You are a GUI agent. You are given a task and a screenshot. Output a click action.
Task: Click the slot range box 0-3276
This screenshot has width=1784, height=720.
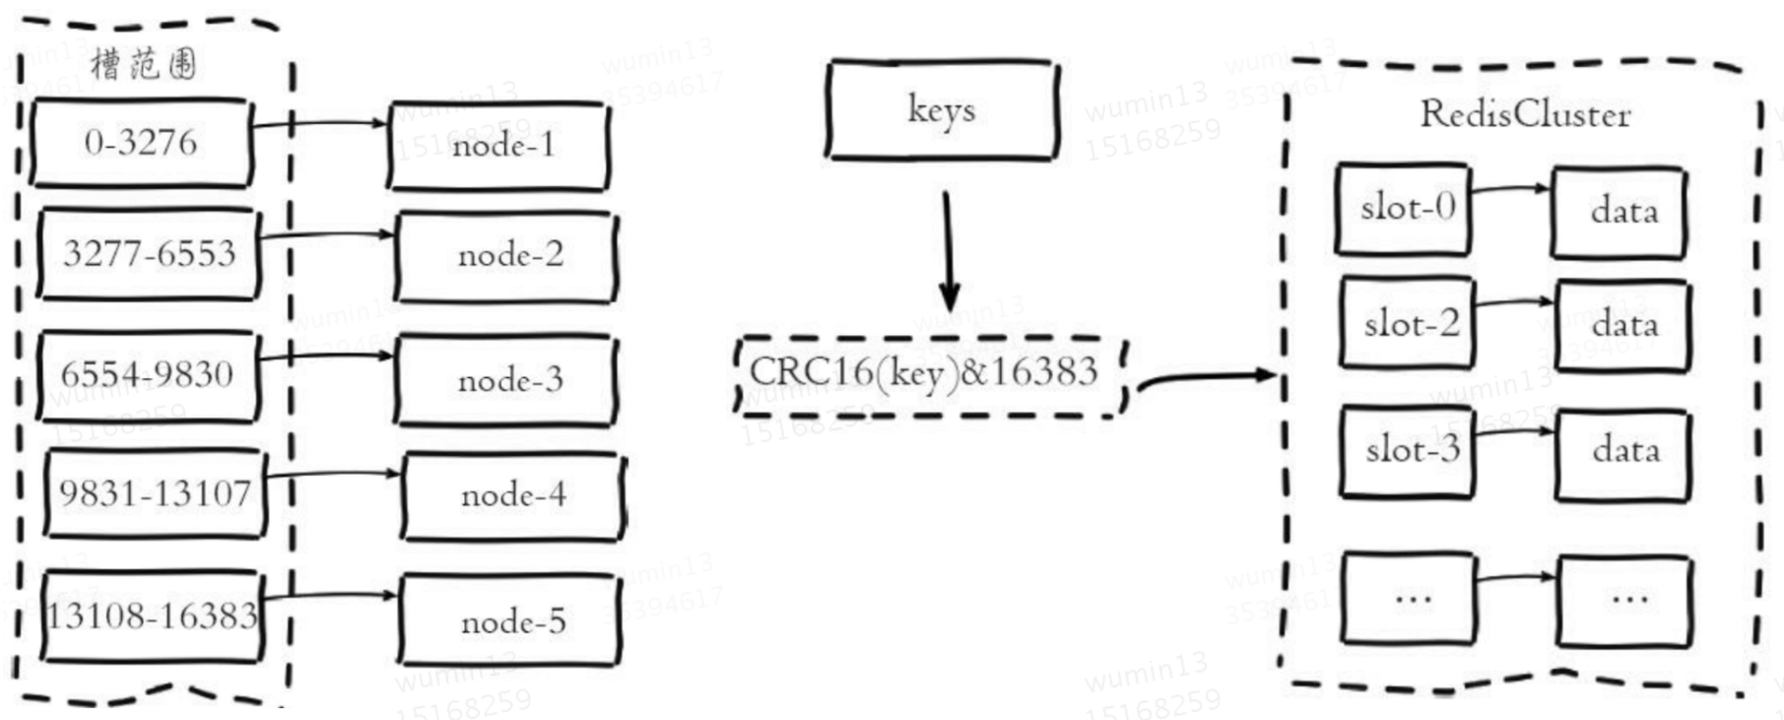pos(141,143)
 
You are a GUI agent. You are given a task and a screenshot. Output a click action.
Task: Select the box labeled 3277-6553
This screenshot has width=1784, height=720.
pos(149,254)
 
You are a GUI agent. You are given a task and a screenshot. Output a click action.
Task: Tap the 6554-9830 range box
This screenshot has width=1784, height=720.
pos(148,375)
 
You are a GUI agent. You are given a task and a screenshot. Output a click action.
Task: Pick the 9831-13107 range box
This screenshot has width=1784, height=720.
pos(155,493)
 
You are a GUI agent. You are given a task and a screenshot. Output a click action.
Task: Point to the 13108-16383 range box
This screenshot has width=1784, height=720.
pos(153,617)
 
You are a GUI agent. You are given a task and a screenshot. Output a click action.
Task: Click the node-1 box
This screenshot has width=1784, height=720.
pos(500,146)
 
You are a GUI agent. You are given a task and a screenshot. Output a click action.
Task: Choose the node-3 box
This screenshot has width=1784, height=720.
pos(507,380)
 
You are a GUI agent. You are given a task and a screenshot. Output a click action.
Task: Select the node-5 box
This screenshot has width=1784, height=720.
pos(510,622)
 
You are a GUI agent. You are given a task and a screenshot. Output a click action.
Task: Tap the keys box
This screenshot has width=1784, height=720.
pos(942,109)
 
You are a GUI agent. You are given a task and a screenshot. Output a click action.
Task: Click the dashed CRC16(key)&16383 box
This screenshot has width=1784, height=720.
pos(931,375)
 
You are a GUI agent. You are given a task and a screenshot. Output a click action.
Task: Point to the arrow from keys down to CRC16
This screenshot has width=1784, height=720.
pos(948,251)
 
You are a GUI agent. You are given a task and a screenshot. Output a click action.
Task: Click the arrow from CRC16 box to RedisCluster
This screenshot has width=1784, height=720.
pos(1207,377)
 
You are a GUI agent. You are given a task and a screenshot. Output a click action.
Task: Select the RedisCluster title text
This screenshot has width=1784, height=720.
pos(1524,115)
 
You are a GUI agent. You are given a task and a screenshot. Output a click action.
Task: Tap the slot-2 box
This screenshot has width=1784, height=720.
pos(1408,324)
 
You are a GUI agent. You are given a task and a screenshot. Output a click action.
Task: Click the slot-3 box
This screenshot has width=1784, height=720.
pos(1409,450)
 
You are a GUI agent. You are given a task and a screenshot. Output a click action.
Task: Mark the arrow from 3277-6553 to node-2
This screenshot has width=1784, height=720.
pos(327,235)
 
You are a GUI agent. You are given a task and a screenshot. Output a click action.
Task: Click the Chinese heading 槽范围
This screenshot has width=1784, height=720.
pos(144,64)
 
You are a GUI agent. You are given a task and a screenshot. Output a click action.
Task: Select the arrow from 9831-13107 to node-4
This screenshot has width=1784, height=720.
pos(333,475)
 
